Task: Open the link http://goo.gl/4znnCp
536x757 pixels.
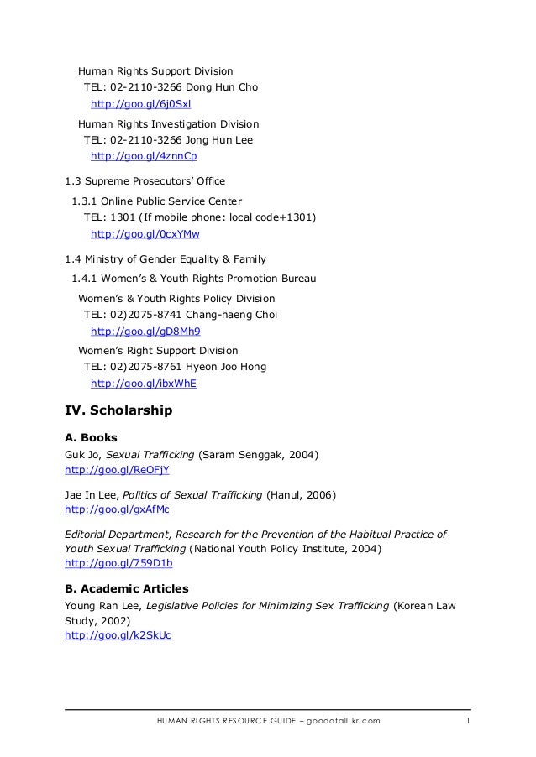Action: tap(143, 156)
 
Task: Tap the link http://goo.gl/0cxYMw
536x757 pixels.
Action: tap(145, 233)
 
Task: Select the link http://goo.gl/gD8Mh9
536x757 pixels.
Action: tap(145, 331)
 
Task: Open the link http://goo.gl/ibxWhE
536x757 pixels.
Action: tap(143, 384)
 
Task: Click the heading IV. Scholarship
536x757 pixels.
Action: tap(118, 411)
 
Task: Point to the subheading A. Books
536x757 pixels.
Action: tap(91, 437)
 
